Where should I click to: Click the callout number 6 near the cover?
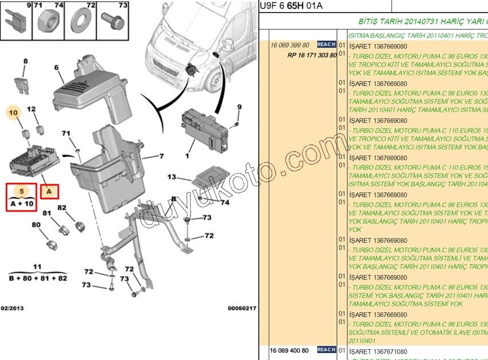tap(57, 68)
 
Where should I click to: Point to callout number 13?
tap(171, 177)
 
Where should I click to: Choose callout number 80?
tap(36, 224)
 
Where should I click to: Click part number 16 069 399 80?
tap(290, 45)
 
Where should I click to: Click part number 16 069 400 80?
tap(289, 350)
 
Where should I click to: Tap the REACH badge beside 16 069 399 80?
tap(326, 45)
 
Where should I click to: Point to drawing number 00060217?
tap(242, 308)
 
